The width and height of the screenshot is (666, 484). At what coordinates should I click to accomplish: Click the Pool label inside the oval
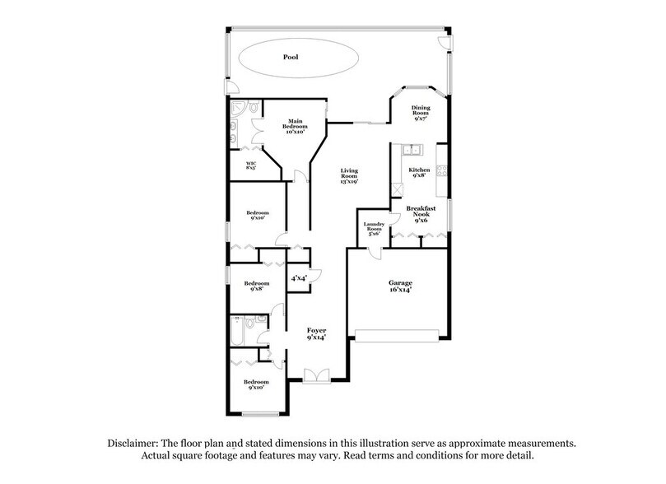pyautogui.click(x=289, y=58)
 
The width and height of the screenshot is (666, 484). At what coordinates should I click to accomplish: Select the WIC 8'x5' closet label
pyautogui.click(x=250, y=166)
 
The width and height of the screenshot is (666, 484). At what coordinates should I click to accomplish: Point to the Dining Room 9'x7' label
pyautogui.click(x=421, y=113)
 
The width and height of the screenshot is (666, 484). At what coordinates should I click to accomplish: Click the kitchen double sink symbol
pyautogui.click(x=411, y=149)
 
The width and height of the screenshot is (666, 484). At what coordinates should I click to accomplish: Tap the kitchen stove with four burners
pyautogui.click(x=442, y=171)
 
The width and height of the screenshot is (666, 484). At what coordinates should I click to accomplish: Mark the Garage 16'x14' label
pyautogui.click(x=400, y=286)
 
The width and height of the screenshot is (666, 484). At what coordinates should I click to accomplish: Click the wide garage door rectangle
pyautogui.click(x=400, y=336)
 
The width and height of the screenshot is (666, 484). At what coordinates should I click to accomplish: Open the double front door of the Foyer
pyautogui.click(x=315, y=376)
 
